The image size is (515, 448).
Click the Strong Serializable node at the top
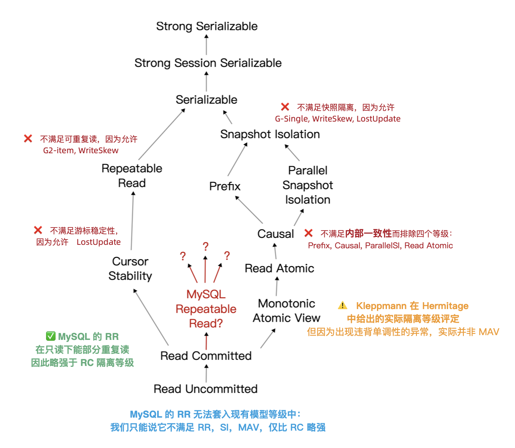(207, 26)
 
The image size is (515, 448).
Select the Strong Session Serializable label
(208, 63)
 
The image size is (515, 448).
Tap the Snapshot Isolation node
(270, 135)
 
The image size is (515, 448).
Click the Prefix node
(224, 187)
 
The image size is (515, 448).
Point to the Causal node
(275, 234)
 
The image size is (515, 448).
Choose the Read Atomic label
(279, 269)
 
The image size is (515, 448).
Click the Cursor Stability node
(130, 269)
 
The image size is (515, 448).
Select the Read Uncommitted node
(205, 389)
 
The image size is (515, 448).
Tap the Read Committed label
(206, 356)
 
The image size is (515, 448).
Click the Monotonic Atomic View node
(286, 311)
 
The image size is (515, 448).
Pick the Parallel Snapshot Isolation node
(307, 185)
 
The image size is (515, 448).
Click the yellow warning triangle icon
(343, 306)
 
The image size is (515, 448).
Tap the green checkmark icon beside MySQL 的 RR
(50, 336)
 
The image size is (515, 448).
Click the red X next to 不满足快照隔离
(285, 107)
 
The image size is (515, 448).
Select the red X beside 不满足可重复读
(28, 138)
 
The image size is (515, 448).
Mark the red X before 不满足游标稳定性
(38, 230)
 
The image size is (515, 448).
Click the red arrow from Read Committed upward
(206, 341)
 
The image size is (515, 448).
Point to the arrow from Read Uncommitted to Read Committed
(206, 373)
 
